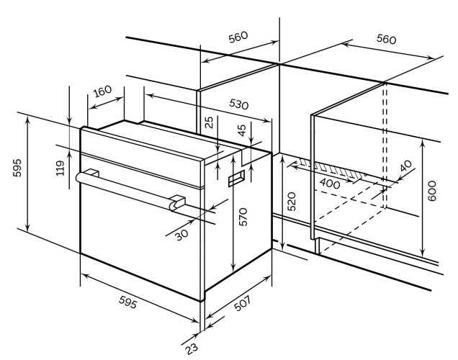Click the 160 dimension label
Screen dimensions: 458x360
click(x=102, y=91)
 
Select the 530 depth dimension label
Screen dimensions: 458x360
click(x=238, y=104)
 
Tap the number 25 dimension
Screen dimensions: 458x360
click(x=209, y=122)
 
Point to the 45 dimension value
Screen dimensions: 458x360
click(x=242, y=130)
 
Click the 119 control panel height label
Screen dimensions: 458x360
click(x=60, y=168)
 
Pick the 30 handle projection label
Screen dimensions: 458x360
click(x=182, y=235)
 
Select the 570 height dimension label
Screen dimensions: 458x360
click(x=243, y=217)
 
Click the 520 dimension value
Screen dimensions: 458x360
click(x=292, y=202)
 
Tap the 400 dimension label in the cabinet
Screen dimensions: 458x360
click(x=330, y=184)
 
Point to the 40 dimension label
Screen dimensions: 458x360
click(x=405, y=166)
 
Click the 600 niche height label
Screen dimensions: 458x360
click(x=431, y=191)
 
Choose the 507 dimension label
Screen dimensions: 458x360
click(x=243, y=303)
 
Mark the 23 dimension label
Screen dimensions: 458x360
click(x=192, y=348)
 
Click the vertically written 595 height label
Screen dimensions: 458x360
click(x=17, y=168)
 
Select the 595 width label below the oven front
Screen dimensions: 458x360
click(x=127, y=302)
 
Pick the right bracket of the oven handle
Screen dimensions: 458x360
click(x=177, y=202)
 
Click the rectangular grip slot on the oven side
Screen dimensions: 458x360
click(x=236, y=178)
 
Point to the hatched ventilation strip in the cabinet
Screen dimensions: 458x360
click(x=331, y=168)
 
